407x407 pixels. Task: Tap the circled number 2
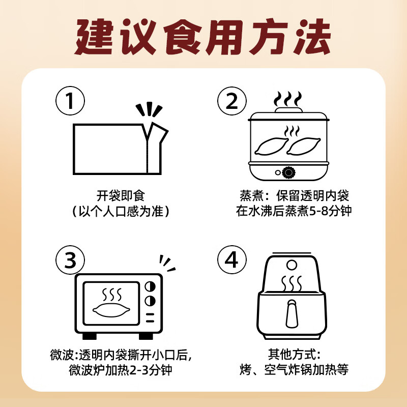[x=232, y=101]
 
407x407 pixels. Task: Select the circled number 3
[x=70, y=260]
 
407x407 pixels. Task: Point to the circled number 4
[x=232, y=260]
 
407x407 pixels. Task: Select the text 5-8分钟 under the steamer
[x=330, y=211]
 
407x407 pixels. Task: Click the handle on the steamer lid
[x=288, y=108]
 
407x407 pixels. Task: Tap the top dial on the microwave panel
[x=150, y=286]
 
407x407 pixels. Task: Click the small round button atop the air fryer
[x=292, y=265]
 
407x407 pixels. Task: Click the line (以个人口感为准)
[x=121, y=211]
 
